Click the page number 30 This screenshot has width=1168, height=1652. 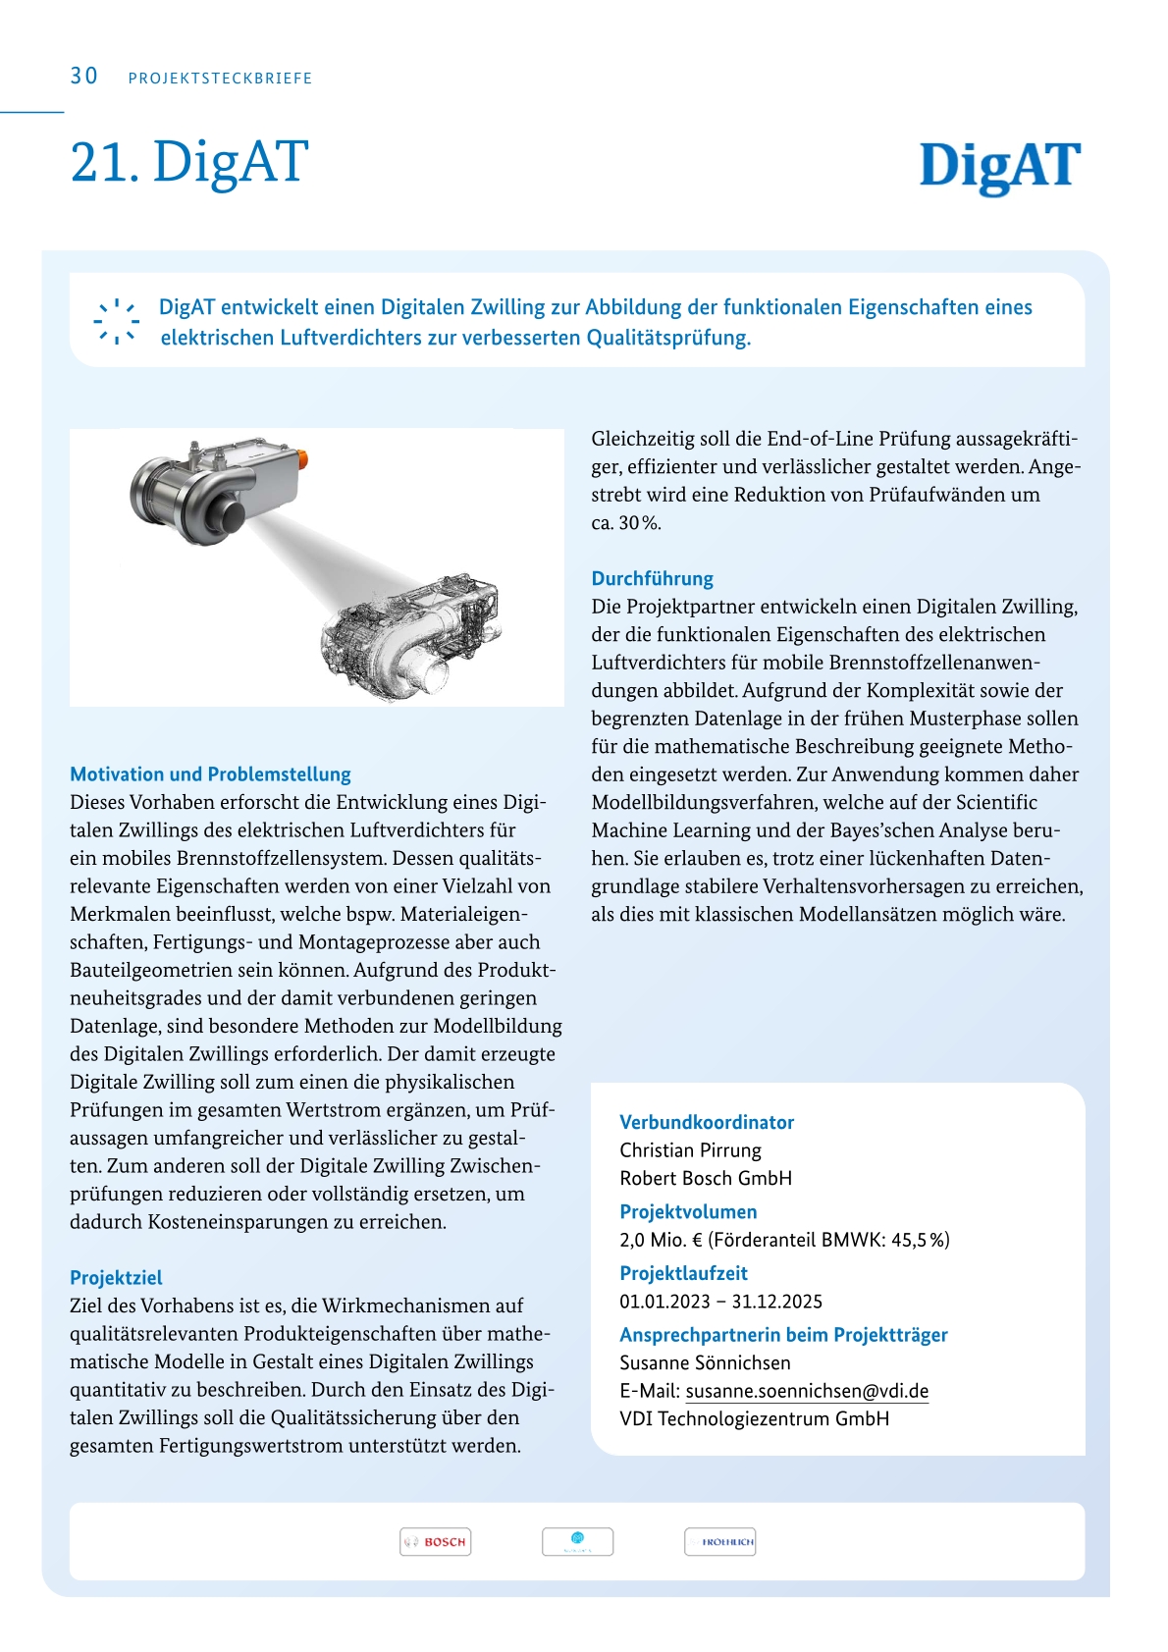84,77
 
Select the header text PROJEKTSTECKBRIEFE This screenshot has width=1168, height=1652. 220,79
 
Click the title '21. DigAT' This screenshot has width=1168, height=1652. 189,162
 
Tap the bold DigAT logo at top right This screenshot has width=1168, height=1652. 999,166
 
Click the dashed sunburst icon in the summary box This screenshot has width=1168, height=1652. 116,322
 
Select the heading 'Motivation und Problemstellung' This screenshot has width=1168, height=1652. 210,774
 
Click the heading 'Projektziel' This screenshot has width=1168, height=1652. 116,1278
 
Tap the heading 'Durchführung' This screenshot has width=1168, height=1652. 652,578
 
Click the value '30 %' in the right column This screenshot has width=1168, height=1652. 639,523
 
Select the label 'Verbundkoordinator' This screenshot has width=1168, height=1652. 707,1122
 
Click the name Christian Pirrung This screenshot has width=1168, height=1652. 690,1150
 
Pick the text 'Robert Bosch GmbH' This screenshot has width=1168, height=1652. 706,1178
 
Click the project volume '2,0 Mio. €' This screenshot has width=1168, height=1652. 661,1240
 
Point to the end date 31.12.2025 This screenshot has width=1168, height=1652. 777,1302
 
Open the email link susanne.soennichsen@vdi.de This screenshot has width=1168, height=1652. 807,1391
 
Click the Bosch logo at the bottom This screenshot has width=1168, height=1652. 435,1542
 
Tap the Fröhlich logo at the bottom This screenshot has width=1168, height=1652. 719,1542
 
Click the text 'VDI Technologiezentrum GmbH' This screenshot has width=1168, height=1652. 754,1418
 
